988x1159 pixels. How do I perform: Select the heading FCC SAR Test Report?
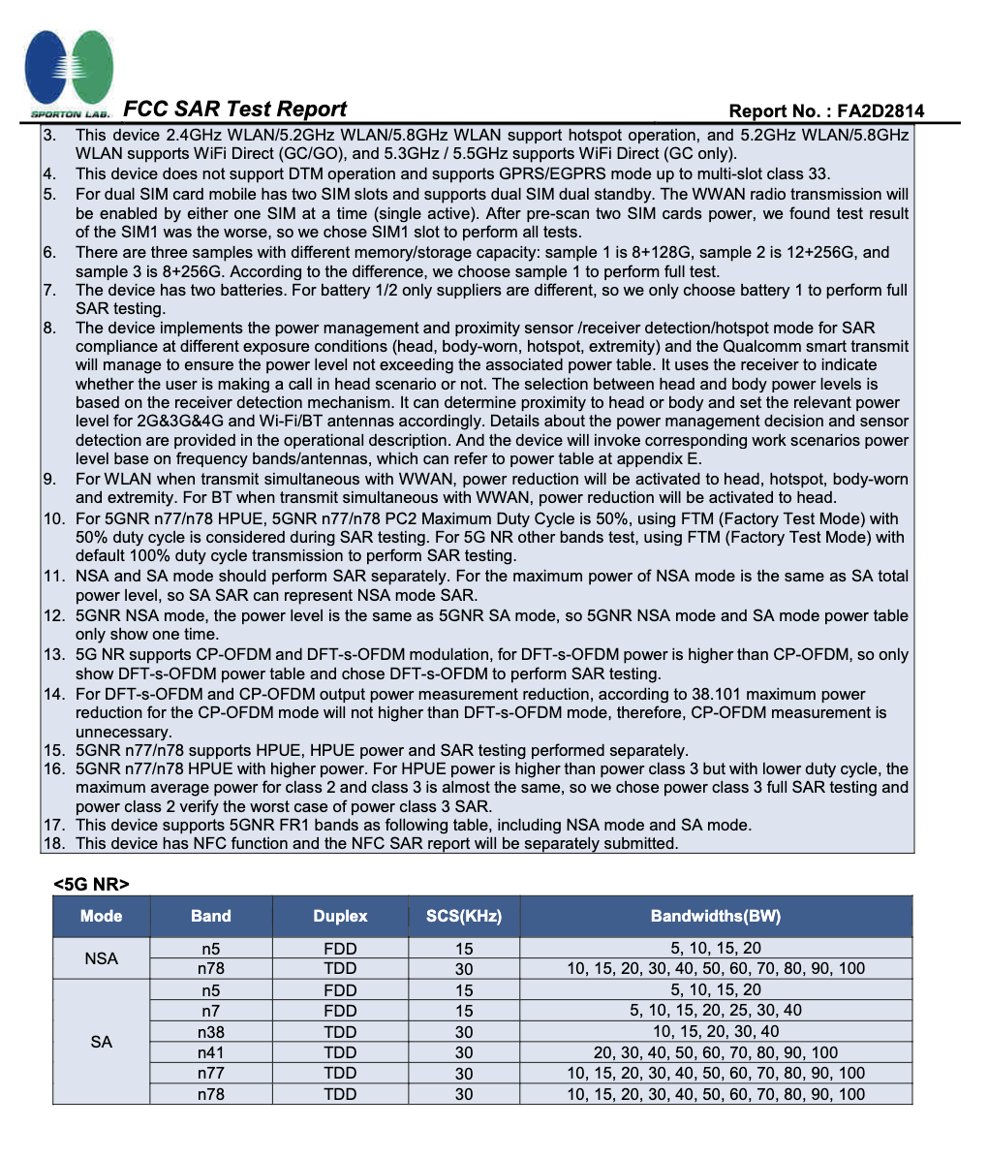[x=235, y=109]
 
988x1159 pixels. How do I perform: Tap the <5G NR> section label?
[x=92, y=883]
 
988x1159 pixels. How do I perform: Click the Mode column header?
[x=102, y=916]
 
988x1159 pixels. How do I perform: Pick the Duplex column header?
[x=340, y=916]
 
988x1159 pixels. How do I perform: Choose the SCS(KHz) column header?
[x=464, y=916]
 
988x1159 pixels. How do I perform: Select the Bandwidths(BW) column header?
[x=716, y=916]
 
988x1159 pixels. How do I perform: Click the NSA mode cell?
[x=102, y=958]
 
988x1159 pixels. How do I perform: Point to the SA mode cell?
[x=102, y=1042]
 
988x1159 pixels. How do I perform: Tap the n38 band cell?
[x=211, y=1032]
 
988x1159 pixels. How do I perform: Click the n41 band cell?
[x=211, y=1052]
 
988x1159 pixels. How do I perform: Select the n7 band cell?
[x=211, y=1011]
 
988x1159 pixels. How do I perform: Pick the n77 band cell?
[x=211, y=1073]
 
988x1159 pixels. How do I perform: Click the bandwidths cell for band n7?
[x=716, y=1011]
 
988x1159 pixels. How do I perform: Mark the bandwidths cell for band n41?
[x=716, y=1052]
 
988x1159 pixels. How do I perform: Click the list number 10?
[x=53, y=518]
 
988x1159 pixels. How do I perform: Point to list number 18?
[x=53, y=843]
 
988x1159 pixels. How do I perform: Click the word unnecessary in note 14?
[x=123, y=732]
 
